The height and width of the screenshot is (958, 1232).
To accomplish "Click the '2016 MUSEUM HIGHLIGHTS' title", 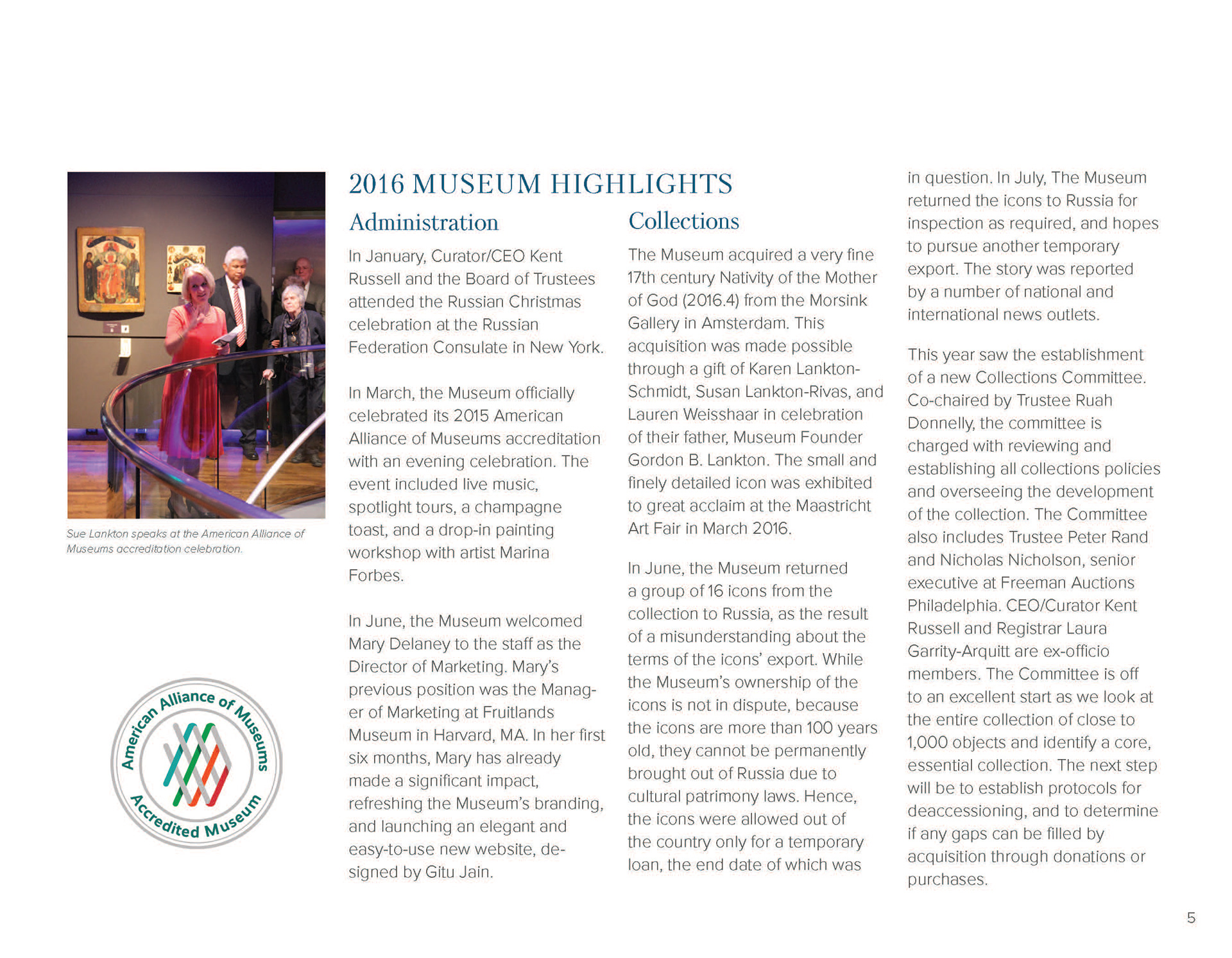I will click(x=540, y=184).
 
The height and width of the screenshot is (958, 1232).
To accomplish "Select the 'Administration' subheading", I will click(x=424, y=223).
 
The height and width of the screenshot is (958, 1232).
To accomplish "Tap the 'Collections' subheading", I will click(x=683, y=221).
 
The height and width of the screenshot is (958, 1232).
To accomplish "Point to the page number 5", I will click(x=1191, y=918).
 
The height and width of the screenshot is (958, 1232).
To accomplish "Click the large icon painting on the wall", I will click(x=111, y=266).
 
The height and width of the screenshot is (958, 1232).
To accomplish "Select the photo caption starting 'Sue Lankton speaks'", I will click(x=185, y=541).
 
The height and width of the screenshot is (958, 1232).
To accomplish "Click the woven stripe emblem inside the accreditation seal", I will click(x=197, y=764).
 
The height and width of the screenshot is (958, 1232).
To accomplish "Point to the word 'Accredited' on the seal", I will click(x=164, y=819).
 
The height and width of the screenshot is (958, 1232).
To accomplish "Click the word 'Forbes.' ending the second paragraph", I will click(x=376, y=576).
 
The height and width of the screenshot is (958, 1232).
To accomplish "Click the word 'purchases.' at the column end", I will click(x=947, y=880).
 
